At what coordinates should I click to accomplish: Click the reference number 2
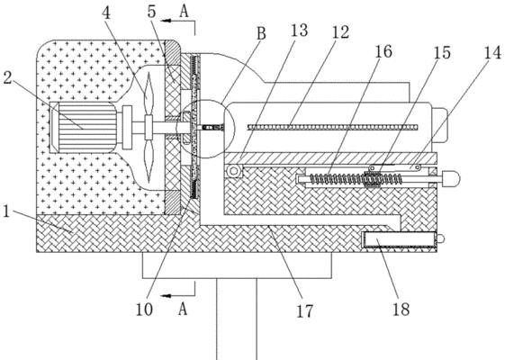[7, 77]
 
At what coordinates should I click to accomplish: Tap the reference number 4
[106, 13]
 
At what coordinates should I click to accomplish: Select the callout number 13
[299, 31]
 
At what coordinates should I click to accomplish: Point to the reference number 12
[340, 32]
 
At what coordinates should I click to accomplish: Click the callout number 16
[383, 52]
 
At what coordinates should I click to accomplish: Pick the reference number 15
[442, 52]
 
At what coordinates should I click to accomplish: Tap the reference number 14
[492, 52]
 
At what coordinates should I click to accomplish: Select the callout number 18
[401, 309]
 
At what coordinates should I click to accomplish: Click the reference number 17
[304, 311]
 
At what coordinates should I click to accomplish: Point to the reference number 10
[144, 310]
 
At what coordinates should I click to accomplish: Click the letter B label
[261, 33]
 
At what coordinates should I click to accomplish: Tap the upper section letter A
[184, 12]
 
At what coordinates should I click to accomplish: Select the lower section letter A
[183, 310]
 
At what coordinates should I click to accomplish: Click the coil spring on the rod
[356, 179]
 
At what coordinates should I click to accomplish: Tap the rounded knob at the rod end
[452, 179]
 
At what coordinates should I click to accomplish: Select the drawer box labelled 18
[400, 240]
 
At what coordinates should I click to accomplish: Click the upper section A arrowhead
[166, 21]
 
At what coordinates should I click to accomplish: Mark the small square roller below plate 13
[234, 171]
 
